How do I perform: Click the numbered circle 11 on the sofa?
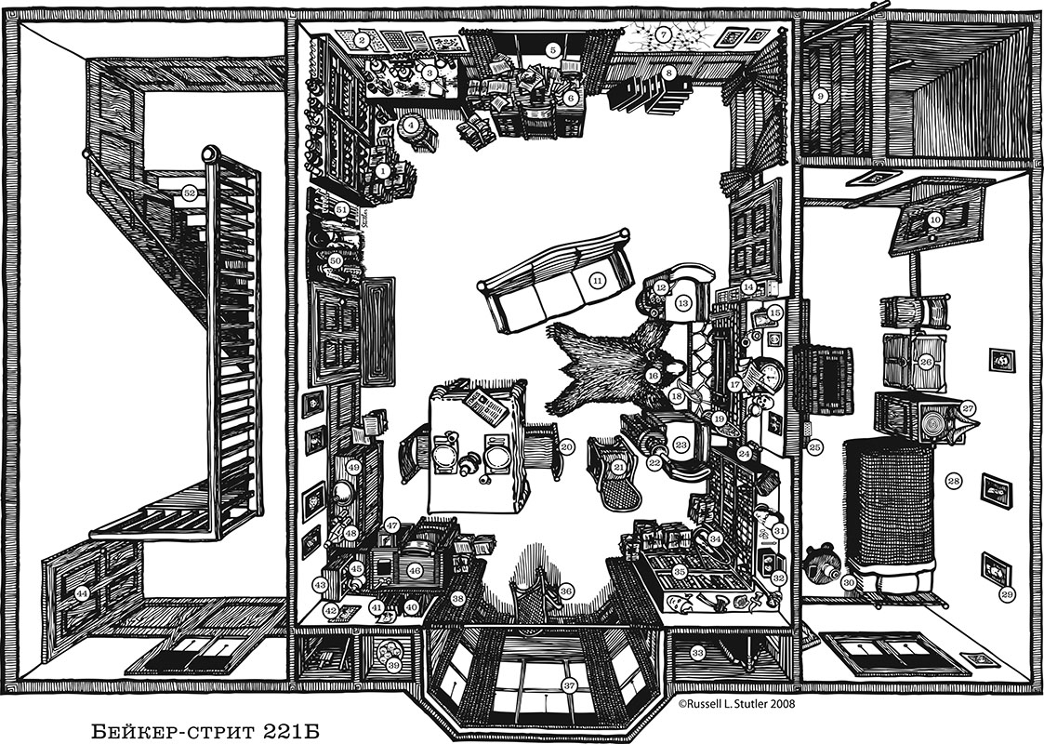point(597,281)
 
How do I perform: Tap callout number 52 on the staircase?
point(190,193)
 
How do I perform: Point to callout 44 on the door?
point(82,593)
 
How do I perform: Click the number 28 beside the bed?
point(954,480)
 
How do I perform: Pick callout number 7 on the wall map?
point(662,33)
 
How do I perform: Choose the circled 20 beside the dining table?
point(566,447)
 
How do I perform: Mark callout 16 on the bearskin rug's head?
point(653,377)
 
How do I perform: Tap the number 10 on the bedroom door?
point(935,219)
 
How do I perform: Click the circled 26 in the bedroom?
point(926,363)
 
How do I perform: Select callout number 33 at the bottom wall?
point(697,653)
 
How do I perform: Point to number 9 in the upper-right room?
point(820,96)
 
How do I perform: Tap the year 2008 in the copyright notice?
point(780,703)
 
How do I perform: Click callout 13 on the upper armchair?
point(683,303)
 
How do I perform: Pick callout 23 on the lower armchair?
point(681,445)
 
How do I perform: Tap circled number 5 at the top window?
point(551,48)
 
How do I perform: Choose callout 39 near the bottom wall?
point(393,664)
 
